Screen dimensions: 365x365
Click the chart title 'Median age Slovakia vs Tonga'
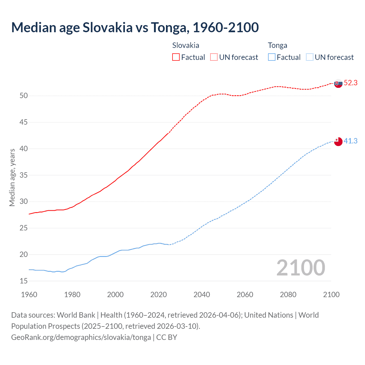[x=135, y=27]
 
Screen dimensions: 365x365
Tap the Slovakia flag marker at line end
[x=338, y=84]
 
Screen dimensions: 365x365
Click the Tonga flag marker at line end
[x=338, y=141]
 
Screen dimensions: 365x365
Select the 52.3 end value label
[x=350, y=83]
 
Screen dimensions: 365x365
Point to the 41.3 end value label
[x=350, y=141]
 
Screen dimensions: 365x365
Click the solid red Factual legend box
[x=176, y=57]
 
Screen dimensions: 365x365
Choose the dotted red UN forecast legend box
[x=214, y=57]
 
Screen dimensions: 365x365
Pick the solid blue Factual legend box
[x=271, y=57]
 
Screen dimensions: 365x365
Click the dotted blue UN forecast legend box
[x=309, y=57]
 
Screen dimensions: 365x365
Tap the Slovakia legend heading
[x=186, y=45]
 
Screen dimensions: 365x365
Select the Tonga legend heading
[x=277, y=45]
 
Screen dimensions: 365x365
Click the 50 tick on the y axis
[x=24, y=96]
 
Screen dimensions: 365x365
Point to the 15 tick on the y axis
[x=24, y=281]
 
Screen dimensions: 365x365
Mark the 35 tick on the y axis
[x=24, y=175]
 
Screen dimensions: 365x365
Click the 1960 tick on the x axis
[x=29, y=295]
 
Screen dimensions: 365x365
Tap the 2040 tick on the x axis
[x=202, y=295]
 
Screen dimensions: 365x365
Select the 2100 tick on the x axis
[x=331, y=295]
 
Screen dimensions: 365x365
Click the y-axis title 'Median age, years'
[x=12, y=177]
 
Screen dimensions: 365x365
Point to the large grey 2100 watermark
[x=301, y=268]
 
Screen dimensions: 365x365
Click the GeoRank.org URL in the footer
[x=81, y=337]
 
